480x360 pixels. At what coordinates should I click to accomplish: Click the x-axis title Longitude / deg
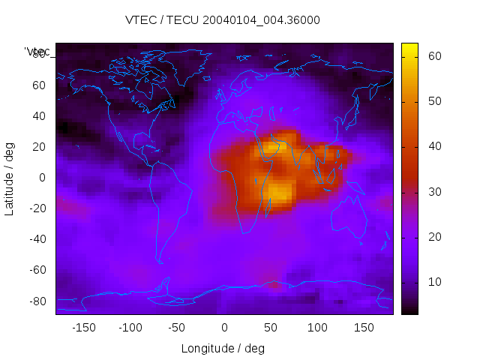(223, 349)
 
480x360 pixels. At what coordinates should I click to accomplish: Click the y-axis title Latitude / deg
(10, 177)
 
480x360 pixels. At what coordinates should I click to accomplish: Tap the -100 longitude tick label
(130, 328)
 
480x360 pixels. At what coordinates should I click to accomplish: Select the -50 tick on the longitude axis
(177, 328)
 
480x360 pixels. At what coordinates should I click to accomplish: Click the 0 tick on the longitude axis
(224, 328)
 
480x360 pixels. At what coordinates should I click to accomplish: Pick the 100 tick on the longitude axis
(317, 328)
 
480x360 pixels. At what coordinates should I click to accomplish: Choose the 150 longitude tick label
(364, 328)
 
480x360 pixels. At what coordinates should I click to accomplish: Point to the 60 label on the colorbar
(433, 56)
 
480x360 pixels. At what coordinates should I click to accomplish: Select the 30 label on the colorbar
(433, 192)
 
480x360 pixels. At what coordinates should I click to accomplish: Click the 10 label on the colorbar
(433, 282)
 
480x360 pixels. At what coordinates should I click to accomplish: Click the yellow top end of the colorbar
(409, 49)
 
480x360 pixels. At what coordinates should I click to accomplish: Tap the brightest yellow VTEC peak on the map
(278, 193)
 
